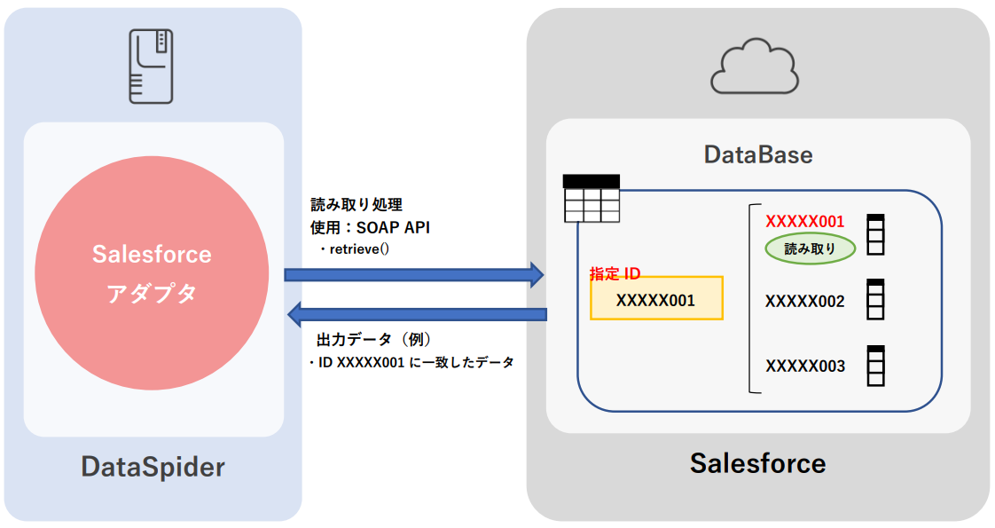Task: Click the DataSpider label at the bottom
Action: (153, 467)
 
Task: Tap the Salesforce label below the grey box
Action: (757, 462)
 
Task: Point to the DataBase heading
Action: (757, 154)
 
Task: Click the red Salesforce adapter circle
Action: (152, 274)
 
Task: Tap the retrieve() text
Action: (360, 249)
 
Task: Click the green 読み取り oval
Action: (811, 249)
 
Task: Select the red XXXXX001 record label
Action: (804, 222)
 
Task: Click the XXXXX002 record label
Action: (804, 302)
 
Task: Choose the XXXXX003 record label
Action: (804, 366)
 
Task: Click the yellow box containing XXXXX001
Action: (656, 298)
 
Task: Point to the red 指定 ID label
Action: (615, 275)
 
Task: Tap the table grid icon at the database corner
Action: (592, 198)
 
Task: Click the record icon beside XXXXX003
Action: (876, 365)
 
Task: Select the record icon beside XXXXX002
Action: (876, 300)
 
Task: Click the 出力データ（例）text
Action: (373, 340)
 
